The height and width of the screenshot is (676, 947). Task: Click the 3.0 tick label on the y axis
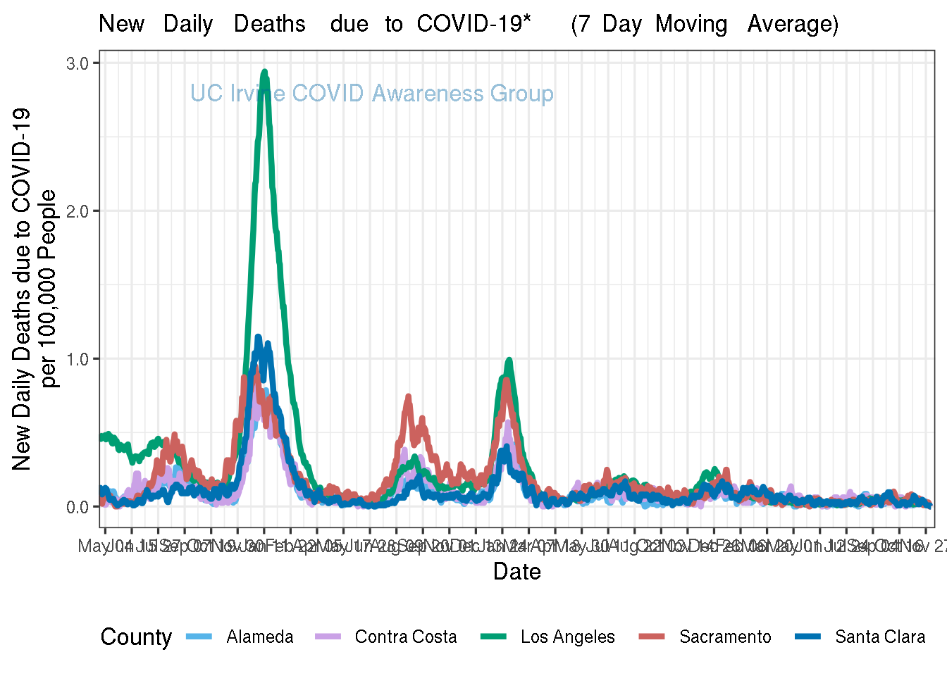77,63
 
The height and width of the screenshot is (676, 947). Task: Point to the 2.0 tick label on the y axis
77,211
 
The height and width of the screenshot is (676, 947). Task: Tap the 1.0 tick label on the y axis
77,359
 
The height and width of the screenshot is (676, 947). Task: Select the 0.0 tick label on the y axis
77,507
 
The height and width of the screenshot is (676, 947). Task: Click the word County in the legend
136,637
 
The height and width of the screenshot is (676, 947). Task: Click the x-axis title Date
517,571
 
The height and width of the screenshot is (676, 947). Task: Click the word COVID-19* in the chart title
473,24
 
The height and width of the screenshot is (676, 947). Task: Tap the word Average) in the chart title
793,24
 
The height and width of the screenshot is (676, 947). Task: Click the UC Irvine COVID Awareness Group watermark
372,94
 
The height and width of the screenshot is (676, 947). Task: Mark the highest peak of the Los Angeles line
264,71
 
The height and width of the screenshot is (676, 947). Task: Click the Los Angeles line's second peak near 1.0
509,360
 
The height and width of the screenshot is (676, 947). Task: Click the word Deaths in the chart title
270,24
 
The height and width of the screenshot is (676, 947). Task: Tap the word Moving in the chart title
691,24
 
